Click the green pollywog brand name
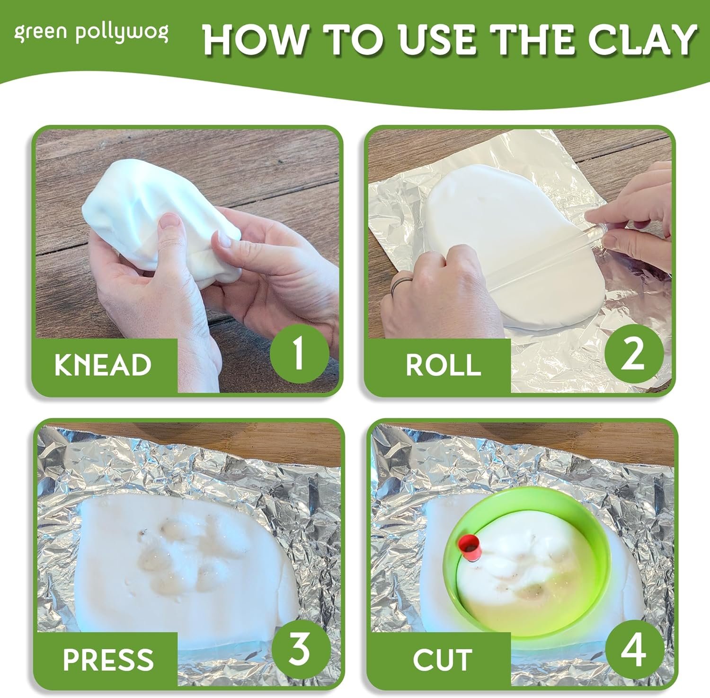point(91,34)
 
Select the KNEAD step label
point(103,365)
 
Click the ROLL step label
point(444,365)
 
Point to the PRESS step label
point(108,659)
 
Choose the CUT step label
point(443,659)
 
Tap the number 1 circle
point(299,354)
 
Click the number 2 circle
point(632,354)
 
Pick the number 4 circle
point(633,649)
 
